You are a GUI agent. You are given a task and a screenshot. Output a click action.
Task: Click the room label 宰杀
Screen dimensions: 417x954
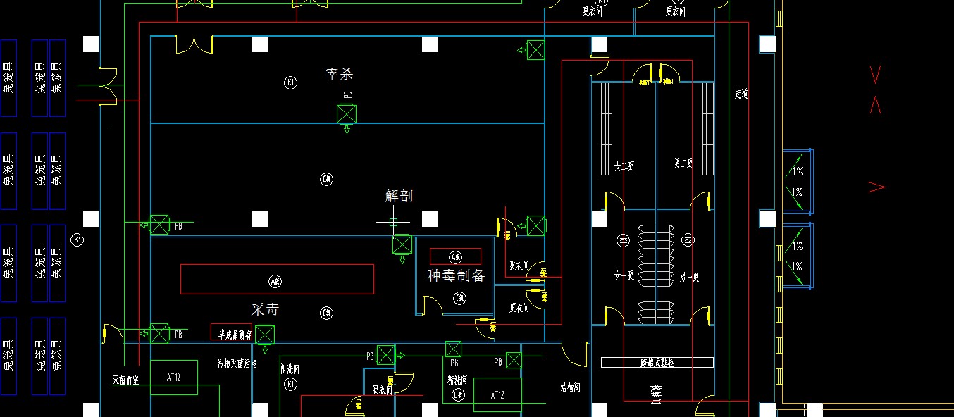coord(339,74)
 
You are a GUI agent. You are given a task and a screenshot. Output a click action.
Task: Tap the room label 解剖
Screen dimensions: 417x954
coord(399,196)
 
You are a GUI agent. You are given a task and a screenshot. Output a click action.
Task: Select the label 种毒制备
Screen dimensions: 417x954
coord(456,275)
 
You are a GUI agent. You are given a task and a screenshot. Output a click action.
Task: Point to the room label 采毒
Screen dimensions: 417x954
coord(266,309)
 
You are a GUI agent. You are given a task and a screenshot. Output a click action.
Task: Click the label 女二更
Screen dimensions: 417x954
coord(624,166)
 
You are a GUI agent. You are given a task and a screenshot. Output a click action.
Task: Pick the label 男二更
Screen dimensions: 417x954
coord(683,164)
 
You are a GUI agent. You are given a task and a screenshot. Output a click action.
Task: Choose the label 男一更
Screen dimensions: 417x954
coord(688,277)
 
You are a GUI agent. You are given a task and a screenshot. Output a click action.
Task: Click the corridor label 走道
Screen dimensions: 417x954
coord(741,93)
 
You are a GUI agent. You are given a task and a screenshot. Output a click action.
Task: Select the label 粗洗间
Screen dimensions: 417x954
coord(290,368)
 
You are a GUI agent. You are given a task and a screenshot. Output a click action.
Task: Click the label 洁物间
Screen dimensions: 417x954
coord(569,387)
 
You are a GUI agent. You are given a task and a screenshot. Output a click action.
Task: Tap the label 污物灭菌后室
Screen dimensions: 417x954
coord(237,364)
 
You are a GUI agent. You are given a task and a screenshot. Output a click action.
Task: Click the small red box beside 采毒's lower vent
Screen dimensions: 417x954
coord(231,332)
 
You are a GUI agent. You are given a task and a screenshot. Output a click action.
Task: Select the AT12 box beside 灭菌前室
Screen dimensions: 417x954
coord(173,378)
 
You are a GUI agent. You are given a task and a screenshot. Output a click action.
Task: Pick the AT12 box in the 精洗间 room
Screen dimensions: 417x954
coord(497,395)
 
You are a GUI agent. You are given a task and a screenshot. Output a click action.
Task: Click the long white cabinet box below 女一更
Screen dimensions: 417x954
coord(657,363)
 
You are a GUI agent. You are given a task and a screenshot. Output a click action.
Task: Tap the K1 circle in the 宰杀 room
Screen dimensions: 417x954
coord(290,83)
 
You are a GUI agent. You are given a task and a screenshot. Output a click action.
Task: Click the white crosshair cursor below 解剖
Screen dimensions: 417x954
coord(393,222)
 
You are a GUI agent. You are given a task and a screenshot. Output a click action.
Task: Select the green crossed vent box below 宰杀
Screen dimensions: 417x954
coord(346,114)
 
